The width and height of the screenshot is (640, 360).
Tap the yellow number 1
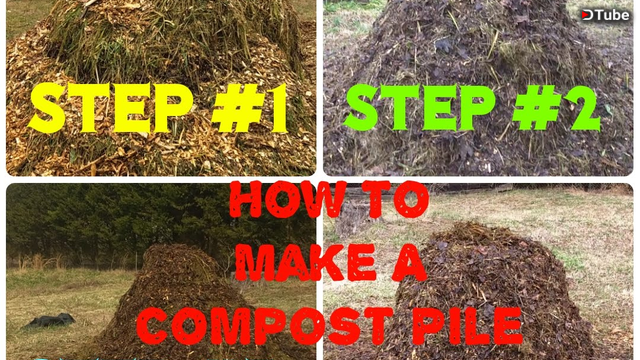(277, 109)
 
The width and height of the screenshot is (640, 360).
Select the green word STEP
(420, 108)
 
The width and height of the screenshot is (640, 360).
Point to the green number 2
(582, 109)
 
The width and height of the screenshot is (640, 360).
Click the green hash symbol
(538, 109)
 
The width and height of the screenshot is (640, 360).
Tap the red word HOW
(288, 200)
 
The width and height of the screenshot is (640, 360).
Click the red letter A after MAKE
(409, 262)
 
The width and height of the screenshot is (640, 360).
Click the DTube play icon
(587, 15)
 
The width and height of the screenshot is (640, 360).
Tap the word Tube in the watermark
(611, 15)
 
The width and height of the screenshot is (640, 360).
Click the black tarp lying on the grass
(50, 320)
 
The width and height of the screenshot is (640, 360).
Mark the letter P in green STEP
(478, 108)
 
